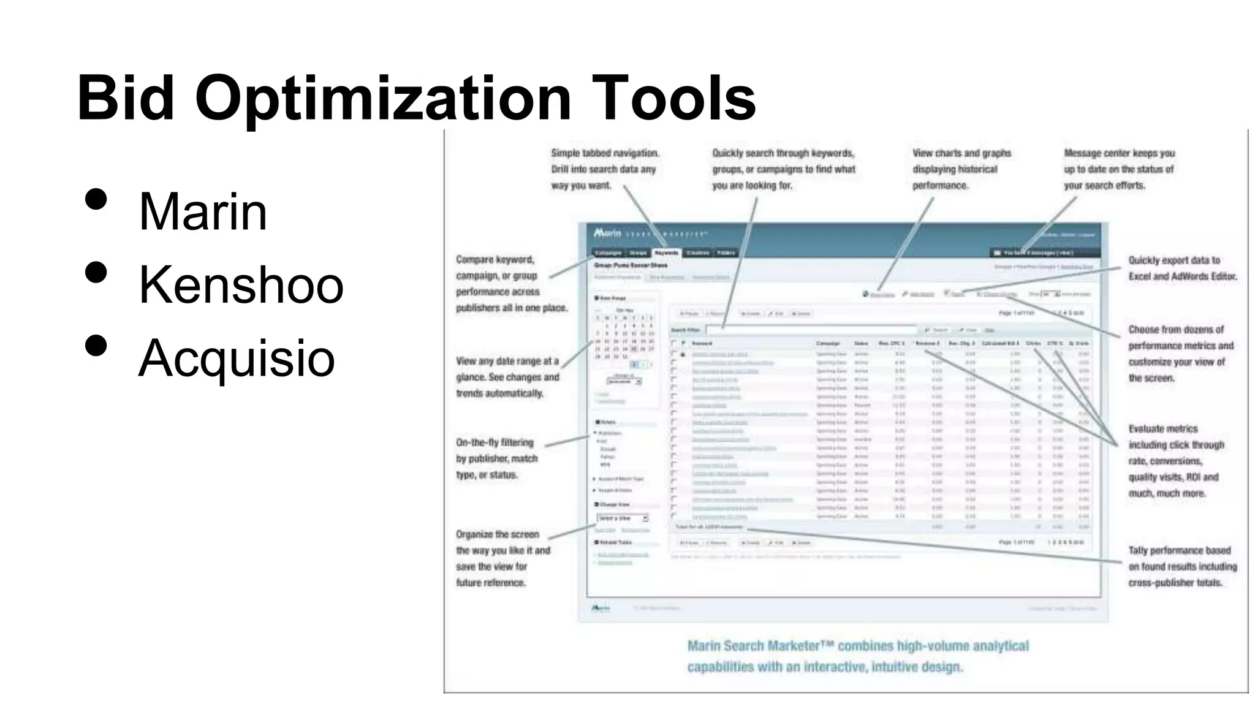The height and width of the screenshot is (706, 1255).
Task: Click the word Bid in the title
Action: click(126, 98)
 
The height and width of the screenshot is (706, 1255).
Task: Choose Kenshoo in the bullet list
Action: click(241, 285)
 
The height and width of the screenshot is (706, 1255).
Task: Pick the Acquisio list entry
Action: click(237, 358)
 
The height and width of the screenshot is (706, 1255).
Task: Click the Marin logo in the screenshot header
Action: click(607, 233)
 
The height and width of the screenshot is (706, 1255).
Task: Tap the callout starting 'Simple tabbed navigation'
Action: click(604, 169)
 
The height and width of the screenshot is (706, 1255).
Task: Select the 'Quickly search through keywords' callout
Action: click(783, 169)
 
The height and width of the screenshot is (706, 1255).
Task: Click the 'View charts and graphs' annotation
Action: click(961, 169)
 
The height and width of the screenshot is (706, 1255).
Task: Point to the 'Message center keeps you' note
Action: click(1119, 169)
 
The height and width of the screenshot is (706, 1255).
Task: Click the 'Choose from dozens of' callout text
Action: click(1180, 354)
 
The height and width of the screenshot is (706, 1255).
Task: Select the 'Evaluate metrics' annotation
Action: click(1175, 461)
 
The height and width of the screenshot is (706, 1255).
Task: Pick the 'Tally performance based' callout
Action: click(1182, 566)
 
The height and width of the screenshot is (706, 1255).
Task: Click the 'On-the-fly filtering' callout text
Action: click(496, 458)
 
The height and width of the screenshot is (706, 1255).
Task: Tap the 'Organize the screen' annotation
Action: click(502, 558)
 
